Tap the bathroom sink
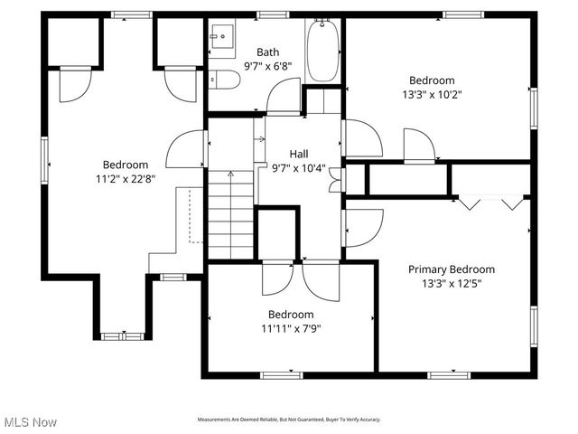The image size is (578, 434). coord(222,37)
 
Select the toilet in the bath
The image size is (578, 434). coord(226,80)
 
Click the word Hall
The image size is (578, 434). coord(298,154)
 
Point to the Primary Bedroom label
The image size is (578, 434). coord(452,269)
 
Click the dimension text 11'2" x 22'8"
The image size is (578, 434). coord(125,178)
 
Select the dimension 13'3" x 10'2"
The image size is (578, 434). coord(431,94)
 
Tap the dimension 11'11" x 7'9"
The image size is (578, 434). coord(290,328)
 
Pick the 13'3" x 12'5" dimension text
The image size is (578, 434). coord(452,283)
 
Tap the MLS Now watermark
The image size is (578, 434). coord(29,422)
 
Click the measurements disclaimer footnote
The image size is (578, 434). coord(289,420)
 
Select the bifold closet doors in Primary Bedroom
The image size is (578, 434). coord(491,203)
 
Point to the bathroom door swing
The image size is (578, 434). coord(283,95)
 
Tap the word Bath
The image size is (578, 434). coord(267,52)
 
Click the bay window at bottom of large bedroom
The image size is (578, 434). coord(122,336)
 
